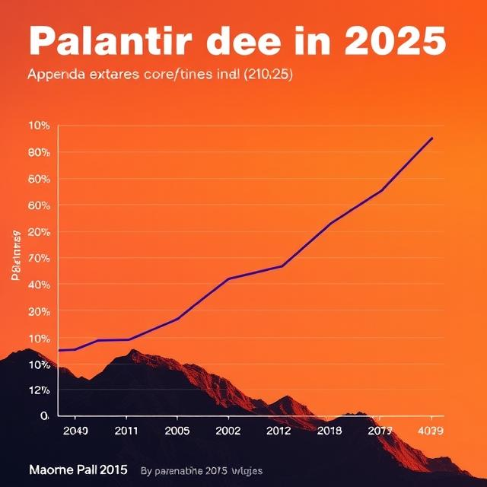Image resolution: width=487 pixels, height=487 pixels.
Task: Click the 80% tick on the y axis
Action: click(39, 152)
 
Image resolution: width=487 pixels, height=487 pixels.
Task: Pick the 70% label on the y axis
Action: click(39, 258)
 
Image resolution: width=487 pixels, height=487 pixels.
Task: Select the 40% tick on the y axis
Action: click(39, 285)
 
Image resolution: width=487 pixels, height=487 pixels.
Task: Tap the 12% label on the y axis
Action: click(39, 390)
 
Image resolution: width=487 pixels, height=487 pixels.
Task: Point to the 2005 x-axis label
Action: click(177, 430)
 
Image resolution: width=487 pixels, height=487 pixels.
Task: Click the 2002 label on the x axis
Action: click(228, 430)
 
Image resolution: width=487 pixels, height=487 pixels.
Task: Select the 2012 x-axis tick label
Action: click(279, 430)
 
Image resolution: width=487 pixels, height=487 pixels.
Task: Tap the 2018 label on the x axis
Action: click(329, 430)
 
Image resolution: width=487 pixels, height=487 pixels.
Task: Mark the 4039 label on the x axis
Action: click(431, 430)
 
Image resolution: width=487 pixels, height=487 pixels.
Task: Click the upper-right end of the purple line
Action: click(432, 138)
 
